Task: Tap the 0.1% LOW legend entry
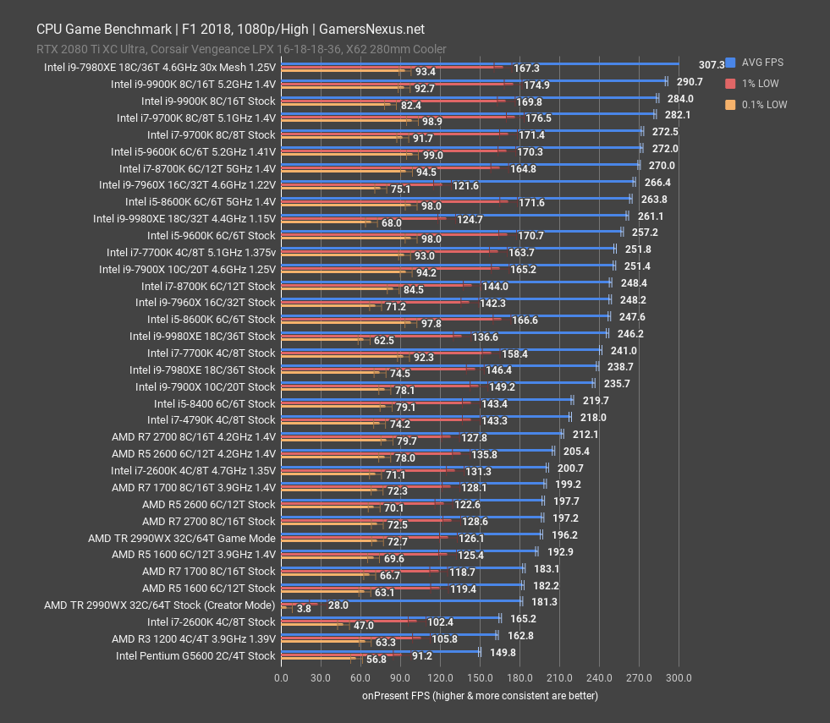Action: click(758, 105)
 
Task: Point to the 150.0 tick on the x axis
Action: click(480, 677)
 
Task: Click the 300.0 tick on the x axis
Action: click(679, 677)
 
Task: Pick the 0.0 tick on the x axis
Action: click(281, 677)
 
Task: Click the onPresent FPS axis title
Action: click(480, 696)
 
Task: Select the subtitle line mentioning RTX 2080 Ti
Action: click(241, 49)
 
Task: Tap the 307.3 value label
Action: click(712, 64)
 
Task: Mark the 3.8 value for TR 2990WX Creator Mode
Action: click(304, 608)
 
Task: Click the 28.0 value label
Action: click(338, 605)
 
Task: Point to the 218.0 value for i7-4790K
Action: click(592, 417)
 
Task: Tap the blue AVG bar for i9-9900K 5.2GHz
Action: click(474, 80)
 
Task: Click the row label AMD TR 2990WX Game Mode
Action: click(182, 538)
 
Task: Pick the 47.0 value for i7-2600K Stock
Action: click(363, 625)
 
